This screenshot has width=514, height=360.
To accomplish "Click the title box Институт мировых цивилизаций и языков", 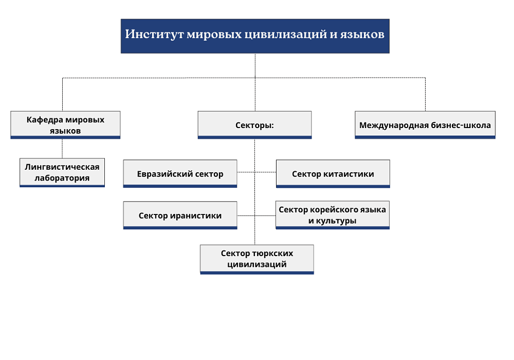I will point(255,36).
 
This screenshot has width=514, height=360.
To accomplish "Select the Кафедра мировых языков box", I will point(65,124).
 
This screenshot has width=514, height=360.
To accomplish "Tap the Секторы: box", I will point(254,125).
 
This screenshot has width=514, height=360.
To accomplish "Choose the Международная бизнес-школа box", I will point(425,125).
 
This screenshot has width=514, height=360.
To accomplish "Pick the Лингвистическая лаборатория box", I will point(62,172).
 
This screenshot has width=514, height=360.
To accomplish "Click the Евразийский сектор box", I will point(180,174).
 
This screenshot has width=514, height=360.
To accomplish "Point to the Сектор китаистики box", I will point(333,174).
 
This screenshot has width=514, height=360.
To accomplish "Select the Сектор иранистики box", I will point(180,215).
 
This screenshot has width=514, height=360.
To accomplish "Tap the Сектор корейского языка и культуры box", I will point(333,215).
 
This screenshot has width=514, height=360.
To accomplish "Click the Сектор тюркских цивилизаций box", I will point(257,259).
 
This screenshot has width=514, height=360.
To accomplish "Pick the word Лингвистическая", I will point(62,167).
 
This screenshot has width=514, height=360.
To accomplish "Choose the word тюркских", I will point(273,254).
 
